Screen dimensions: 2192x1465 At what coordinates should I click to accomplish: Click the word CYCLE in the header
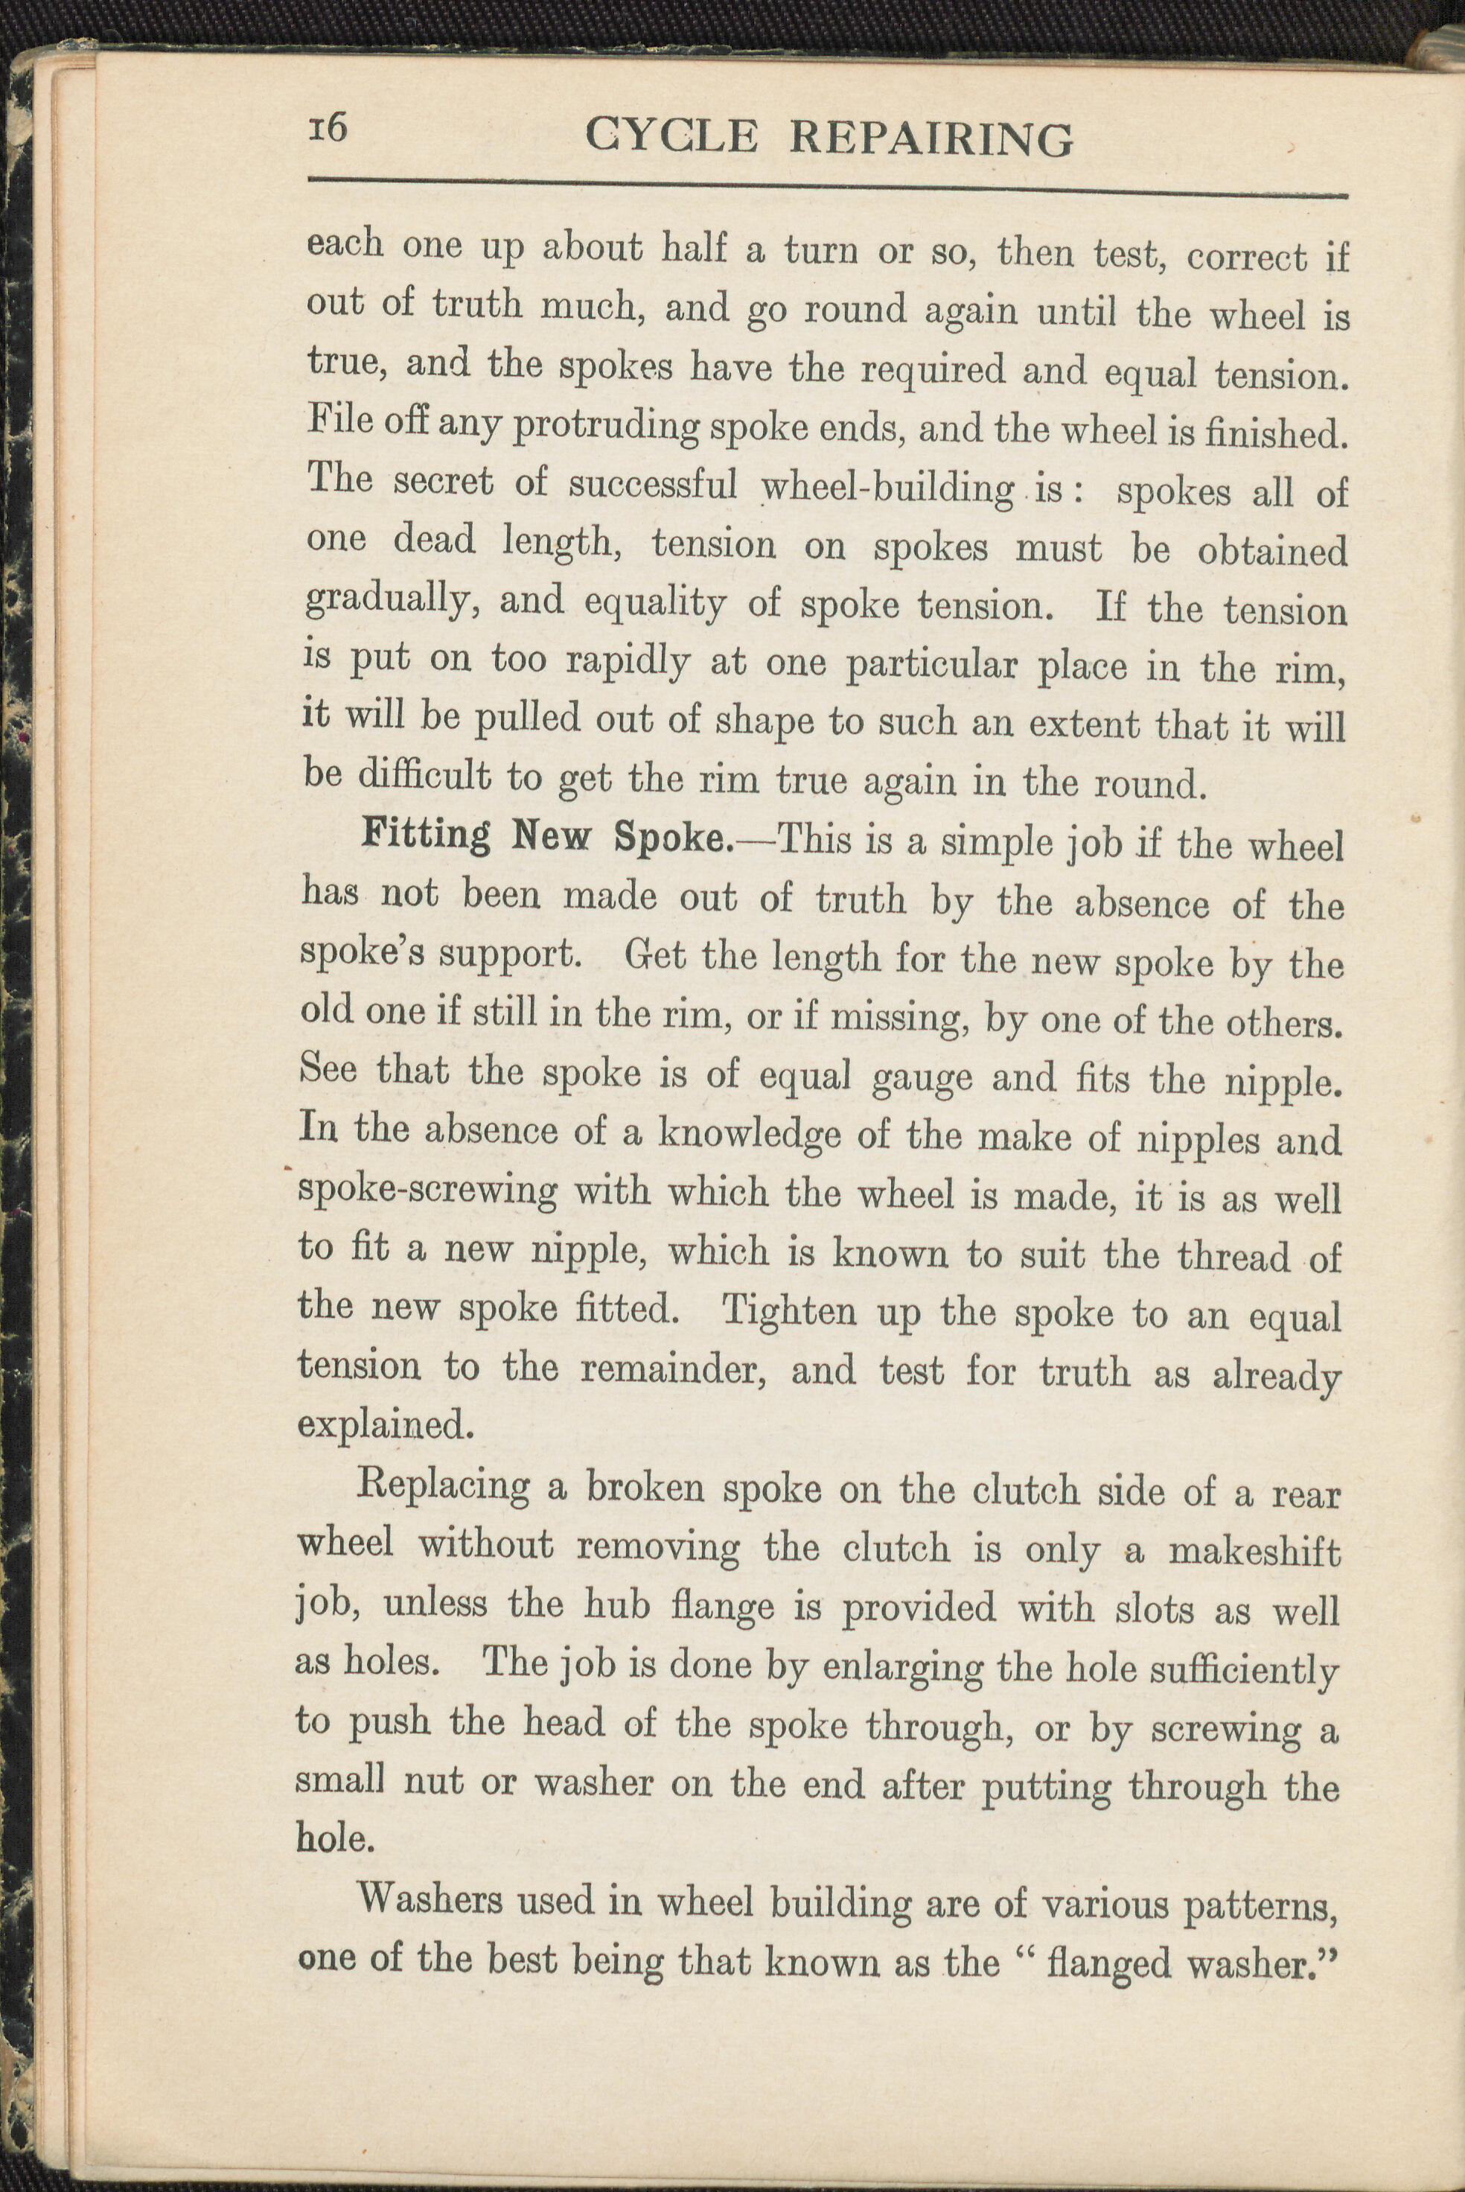[671, 136]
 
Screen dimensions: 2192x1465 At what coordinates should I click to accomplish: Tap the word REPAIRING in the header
[931, 139]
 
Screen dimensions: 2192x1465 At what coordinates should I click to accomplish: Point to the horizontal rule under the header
[827, 187]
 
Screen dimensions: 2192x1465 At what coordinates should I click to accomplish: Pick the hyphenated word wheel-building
[887, 487]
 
